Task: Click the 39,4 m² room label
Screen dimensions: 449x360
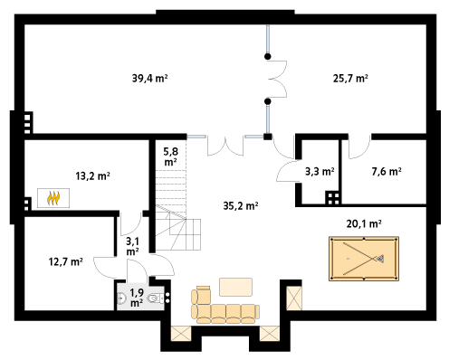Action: [x=149, y=79]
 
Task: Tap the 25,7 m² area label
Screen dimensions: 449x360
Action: [x=350, y=79]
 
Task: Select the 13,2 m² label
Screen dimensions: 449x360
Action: [x=92, y=175]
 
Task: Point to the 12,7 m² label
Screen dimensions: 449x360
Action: [x=66, y=261]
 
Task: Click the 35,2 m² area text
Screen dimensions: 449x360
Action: [x=241, y=206]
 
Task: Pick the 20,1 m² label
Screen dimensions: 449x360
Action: [x=364, y=223]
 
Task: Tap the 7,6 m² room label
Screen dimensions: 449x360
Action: [x=387, y=172]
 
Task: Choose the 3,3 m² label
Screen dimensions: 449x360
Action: [x=320, y=172]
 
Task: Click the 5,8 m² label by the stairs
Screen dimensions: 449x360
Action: [x=170, y=156]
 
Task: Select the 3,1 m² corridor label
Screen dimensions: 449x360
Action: [x=132, y=246]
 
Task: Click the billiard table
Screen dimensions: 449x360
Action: [x=364, y=259]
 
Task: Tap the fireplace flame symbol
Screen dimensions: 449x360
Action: [x=53, y=198]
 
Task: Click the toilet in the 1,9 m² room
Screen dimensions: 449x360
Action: [x=155, y=298]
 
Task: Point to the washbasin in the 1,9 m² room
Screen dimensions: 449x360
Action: [x=121, y=298]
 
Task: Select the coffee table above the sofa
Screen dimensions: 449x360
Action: [x=235, y=287]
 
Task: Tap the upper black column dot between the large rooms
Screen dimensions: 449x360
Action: [x=267, y=56]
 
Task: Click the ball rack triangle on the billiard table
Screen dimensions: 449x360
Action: [x=380, y=259]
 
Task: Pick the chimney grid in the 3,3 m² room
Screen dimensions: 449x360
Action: [x=333, y=198]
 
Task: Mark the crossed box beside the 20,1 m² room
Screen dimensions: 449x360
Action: [x=293, y=298]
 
